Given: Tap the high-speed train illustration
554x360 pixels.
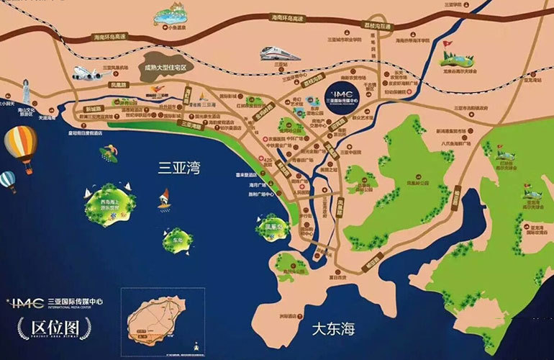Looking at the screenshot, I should pyautogui.click(x=281, y=53).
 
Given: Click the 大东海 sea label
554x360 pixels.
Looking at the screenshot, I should pyautogui.click(x=334, y=329).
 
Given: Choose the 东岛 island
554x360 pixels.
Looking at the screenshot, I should pyautogui.click(x=177, y=240).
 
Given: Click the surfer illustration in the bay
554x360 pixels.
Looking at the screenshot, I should pyautogui.click(x=109, y=153).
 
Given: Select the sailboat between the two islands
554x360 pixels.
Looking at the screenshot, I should pyautogui.click(x=164, y=197).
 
